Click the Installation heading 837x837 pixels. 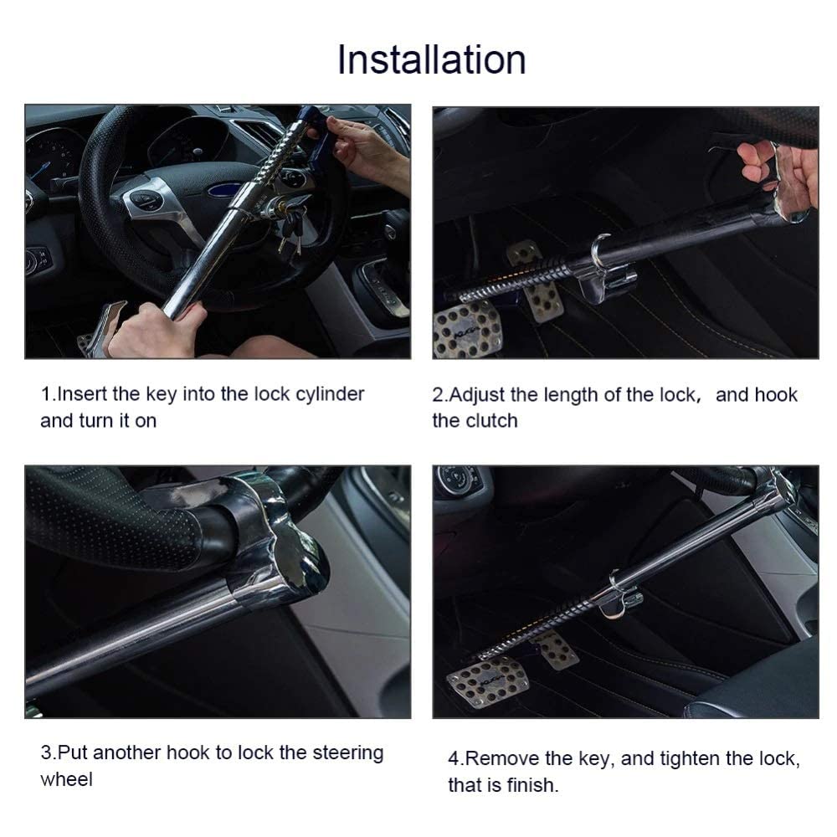click(x=431, y=60)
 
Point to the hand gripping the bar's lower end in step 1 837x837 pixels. click(x=155, y=329)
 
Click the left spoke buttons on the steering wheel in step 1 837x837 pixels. click(x=146, y=201)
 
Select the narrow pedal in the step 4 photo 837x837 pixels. click(x=556, y=650)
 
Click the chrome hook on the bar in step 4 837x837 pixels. click(x=618, y=591)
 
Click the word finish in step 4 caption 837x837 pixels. click(x=531, y=786)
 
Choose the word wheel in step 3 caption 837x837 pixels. click(x=66, y=779)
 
